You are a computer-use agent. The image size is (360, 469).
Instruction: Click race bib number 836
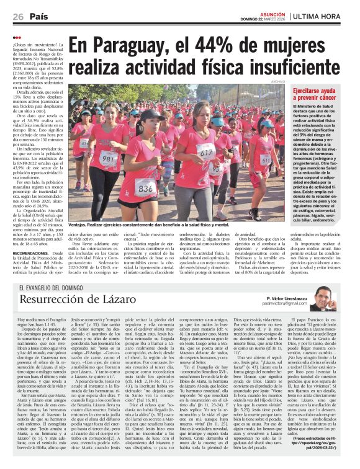coord(145,186)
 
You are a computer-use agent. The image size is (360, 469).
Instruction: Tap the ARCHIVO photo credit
coord(278,81)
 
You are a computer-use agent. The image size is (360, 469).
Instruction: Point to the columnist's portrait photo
coord(323,298)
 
